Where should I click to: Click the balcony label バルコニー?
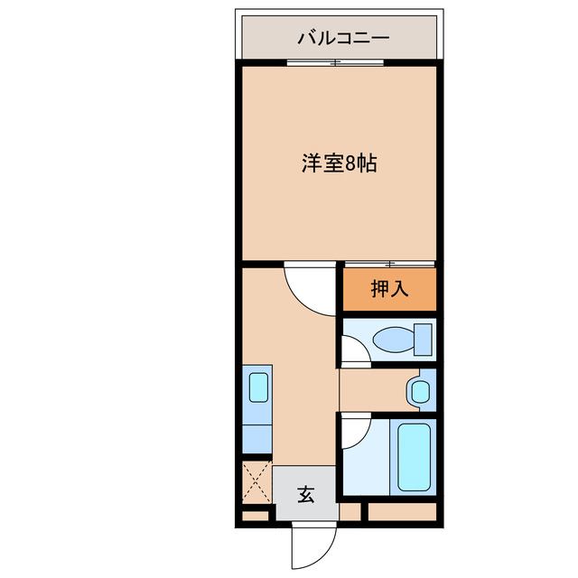coord(343,39)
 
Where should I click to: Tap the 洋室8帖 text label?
coord(339,163)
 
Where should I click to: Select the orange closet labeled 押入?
coord(389,289)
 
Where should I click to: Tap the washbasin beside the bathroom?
coord(419,391)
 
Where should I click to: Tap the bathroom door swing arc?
coord(356,431)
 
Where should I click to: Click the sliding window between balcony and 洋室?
coord(336,62)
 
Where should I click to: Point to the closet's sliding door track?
coord(389,264)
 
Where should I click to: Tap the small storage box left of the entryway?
coord(256,517)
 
